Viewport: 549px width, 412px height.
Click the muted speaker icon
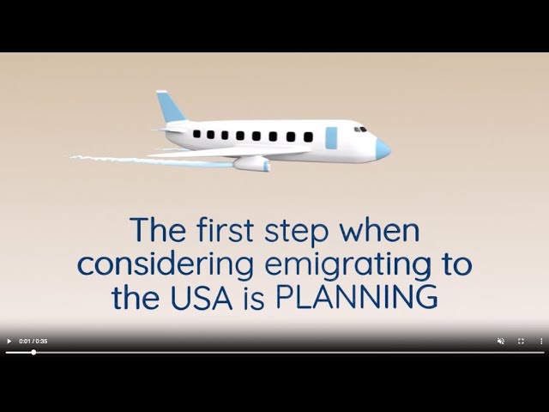coord(501,341)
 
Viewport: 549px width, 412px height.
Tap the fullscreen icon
coord(521,341)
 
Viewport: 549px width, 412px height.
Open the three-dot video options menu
coord(541,341)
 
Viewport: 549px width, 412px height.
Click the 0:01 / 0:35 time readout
coord(33,341)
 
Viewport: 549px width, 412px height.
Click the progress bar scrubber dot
coord(33,352)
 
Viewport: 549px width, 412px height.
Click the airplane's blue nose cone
coord(382,148)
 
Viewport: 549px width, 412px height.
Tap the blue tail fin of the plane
coord(171,107)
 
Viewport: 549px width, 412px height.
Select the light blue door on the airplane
coord(332,137)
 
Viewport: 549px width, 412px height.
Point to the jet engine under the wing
coord(251,163)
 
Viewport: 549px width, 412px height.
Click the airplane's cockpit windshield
coord(361,130)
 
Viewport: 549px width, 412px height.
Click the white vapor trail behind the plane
coord(112,159)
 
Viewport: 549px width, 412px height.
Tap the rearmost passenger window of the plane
coord(196,134)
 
